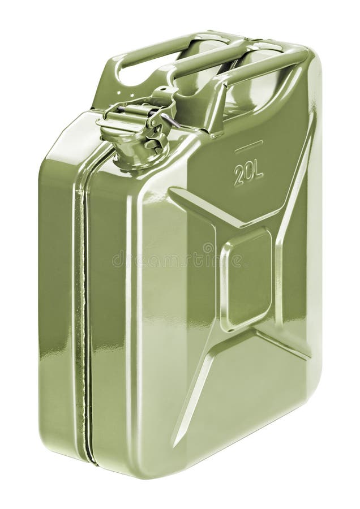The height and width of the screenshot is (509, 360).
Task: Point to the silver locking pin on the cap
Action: tap(170, 120)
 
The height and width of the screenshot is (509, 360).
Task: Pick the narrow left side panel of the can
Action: tap(57, 294)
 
